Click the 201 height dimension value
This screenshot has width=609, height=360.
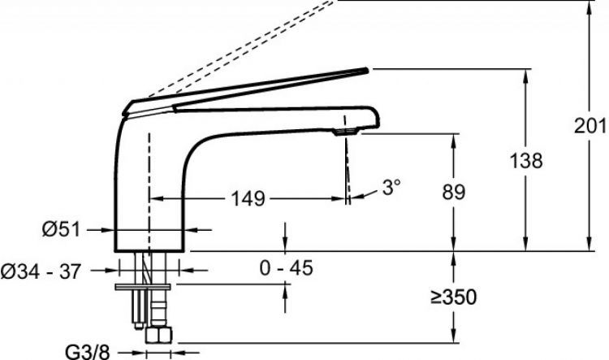coord(590,126)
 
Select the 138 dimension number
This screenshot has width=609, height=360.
coord(526,161)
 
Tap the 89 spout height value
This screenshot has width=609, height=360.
coord(453,192)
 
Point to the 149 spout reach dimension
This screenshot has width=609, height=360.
coord(248,198)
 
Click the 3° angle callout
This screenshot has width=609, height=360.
coord(391,187)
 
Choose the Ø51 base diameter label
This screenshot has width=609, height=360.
coord(62,229)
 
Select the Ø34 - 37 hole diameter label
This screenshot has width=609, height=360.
coord(41,271)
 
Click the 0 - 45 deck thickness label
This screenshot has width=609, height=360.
coord(287,268)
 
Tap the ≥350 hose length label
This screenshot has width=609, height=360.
coord(453,297)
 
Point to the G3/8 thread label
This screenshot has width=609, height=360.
coord(88,353)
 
